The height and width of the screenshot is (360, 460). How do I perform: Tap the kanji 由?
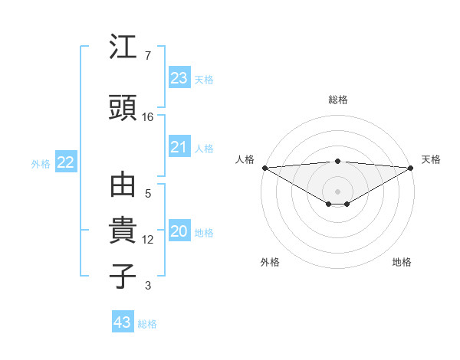click(123, 186)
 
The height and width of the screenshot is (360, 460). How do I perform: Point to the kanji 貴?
click(123, 231)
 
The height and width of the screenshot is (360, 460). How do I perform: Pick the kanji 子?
click(123, 276)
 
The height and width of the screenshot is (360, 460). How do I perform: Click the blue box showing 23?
click(179, 78)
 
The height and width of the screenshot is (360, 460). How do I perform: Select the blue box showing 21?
click(179, 147)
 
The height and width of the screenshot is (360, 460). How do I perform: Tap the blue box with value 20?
click(179, 232)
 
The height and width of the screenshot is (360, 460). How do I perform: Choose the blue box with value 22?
click(66, 162)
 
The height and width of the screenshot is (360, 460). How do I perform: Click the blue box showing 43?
click(123, 322)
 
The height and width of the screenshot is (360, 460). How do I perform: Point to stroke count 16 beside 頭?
click(148, 117)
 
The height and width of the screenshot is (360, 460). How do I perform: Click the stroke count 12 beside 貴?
click(148, 240)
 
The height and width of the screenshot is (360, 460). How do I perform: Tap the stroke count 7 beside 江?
click(147, 56)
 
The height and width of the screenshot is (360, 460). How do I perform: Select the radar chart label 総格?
click(338, 100)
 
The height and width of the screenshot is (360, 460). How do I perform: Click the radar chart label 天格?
click(431, 159)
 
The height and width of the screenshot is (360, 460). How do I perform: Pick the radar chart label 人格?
click(245, 159)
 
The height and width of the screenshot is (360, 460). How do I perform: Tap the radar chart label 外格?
click(270, 263)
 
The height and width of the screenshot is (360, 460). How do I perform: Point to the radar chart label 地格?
click(402, 263)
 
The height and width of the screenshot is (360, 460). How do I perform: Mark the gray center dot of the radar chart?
click(338, 191)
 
